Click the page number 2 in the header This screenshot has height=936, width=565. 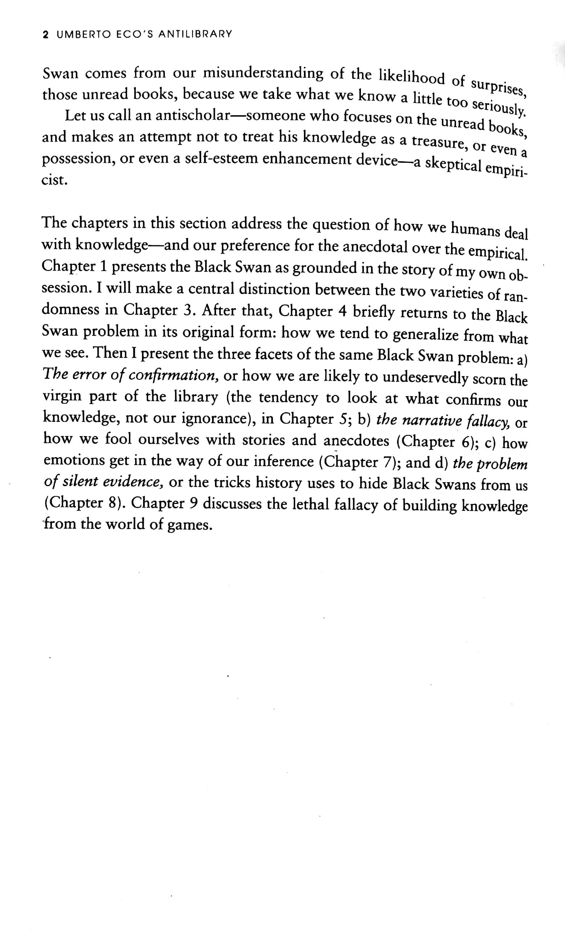(46, 35)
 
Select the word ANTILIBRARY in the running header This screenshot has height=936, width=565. (195, 34)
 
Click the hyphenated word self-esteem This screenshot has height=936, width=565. (222, 159)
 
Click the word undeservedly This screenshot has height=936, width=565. (425, 377)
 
